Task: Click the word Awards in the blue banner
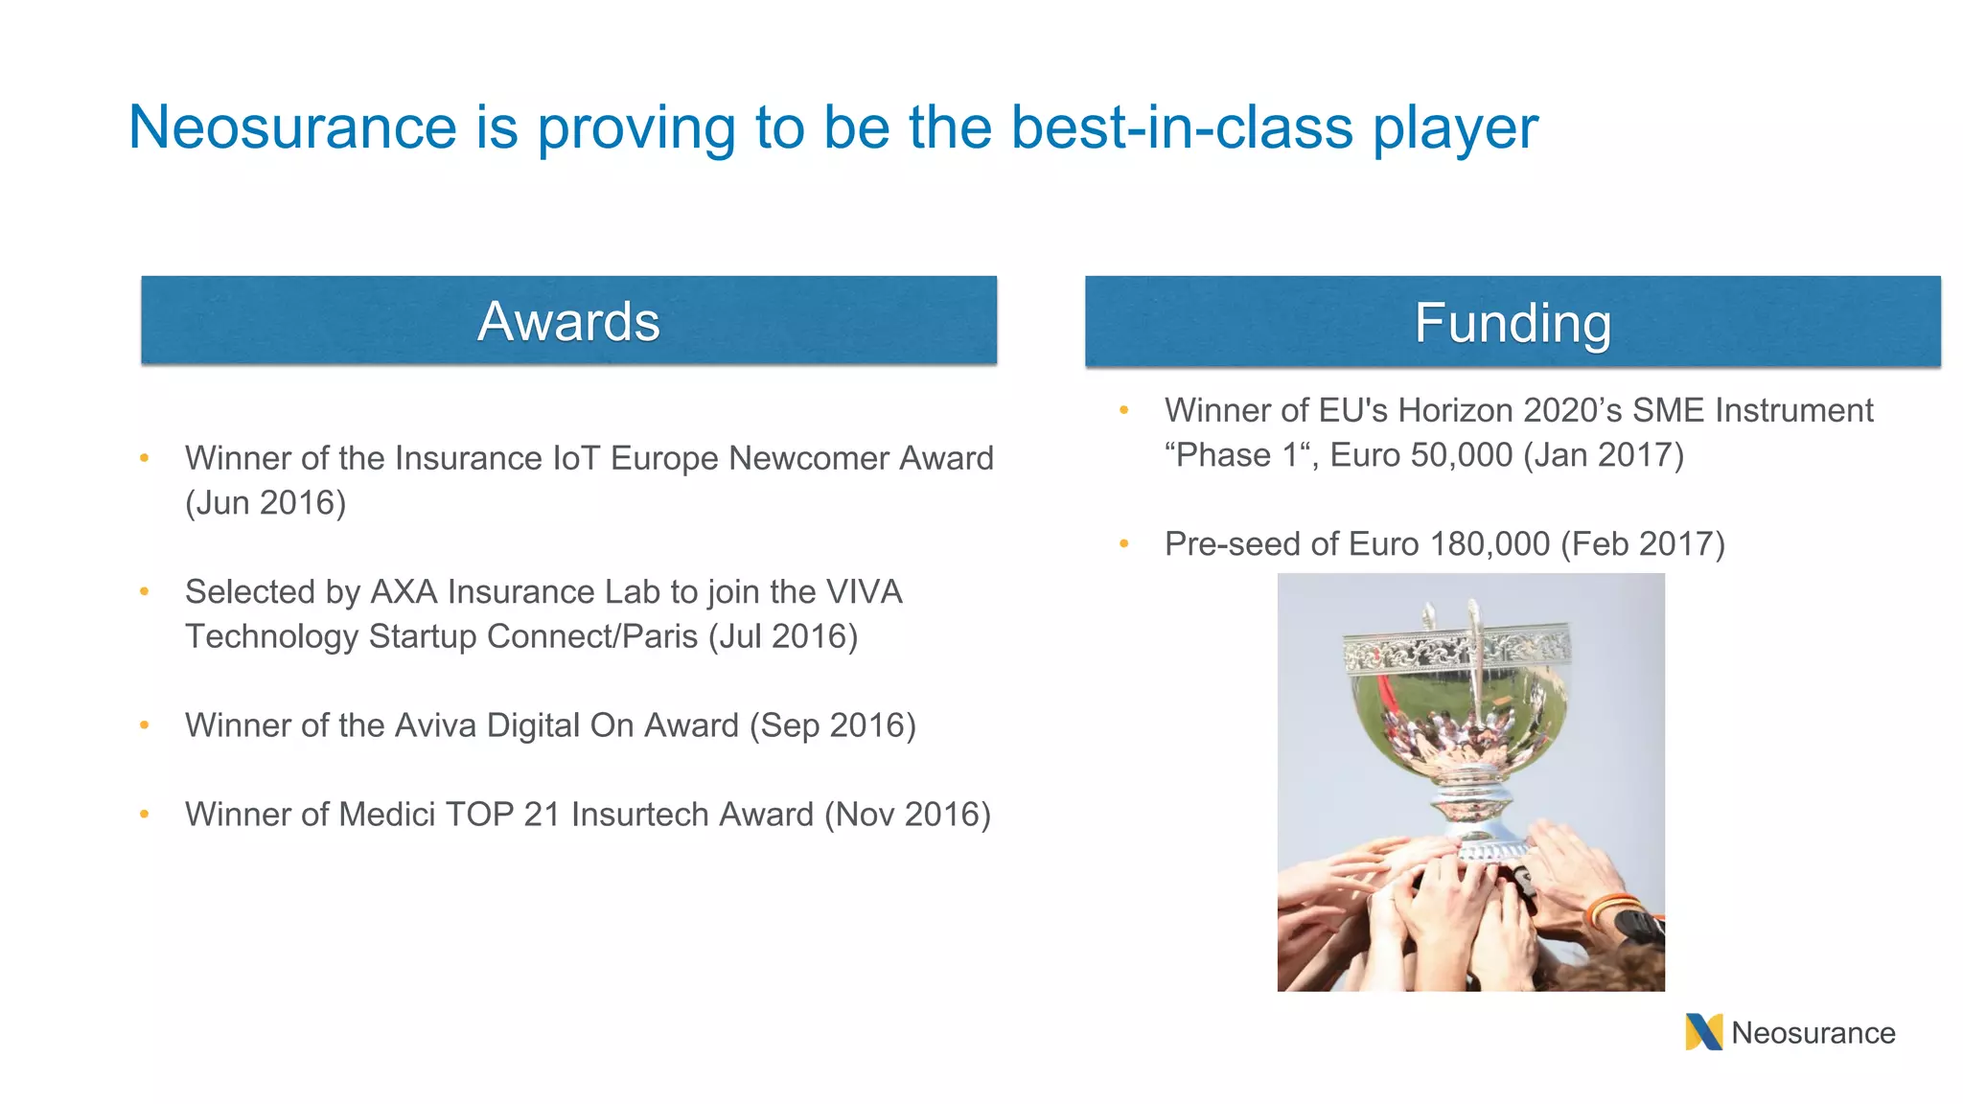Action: [x=568, y=321]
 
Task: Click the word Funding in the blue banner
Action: [x=1513, y=323]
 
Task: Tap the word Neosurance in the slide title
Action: [x=292, y=127]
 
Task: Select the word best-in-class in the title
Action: [x=1181, y=127]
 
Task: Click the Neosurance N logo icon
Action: [x=1703, y=1032]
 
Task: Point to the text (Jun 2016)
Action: [x=266, y=503]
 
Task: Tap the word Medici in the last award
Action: [x=387, y=815]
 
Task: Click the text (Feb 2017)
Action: [x=1643, y=544]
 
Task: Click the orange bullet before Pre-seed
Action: [x=1124, y=544]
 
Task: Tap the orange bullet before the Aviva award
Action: [x=145, y=725]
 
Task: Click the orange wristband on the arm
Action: [x=1612, y=906]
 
